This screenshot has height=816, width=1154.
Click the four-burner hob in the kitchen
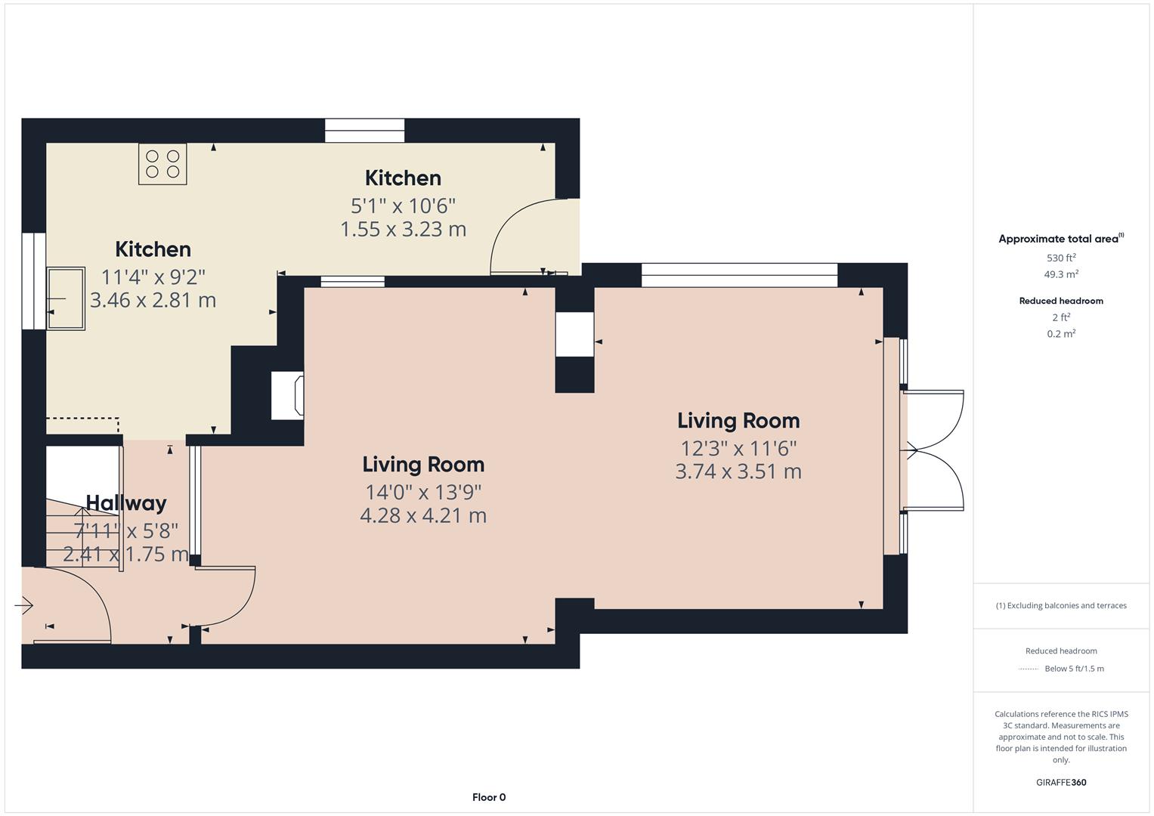click(162, 164)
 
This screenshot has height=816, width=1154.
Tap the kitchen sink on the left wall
click(67, 298)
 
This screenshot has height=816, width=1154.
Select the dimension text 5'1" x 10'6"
click(403, 206)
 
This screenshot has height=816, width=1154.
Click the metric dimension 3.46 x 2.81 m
click(153, 300)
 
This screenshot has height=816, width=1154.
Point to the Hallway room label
click(126, 502)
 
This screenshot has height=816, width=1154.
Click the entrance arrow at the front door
click(24, 605)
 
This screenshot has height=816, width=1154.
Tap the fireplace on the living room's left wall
click(288, 394)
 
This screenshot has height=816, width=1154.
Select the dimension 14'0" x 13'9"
click(423, 493)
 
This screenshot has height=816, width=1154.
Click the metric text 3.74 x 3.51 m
click(738, 471)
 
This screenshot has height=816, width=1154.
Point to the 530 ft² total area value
click(1060, 258)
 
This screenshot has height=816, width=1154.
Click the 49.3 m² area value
click(1060, 274)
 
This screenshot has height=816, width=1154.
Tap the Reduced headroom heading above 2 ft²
click(1060, 301)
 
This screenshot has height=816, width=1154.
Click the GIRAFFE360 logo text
click(1060, 782)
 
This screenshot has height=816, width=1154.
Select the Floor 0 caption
click(488, 797)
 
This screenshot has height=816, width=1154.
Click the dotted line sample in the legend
click(1029, 669)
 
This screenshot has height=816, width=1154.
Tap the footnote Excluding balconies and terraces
click(1060, 605)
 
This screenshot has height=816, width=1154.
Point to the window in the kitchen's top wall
click(365, 131)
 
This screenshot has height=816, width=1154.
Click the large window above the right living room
click(739, 275)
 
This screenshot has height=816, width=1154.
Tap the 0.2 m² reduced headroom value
click(1060, 333)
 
